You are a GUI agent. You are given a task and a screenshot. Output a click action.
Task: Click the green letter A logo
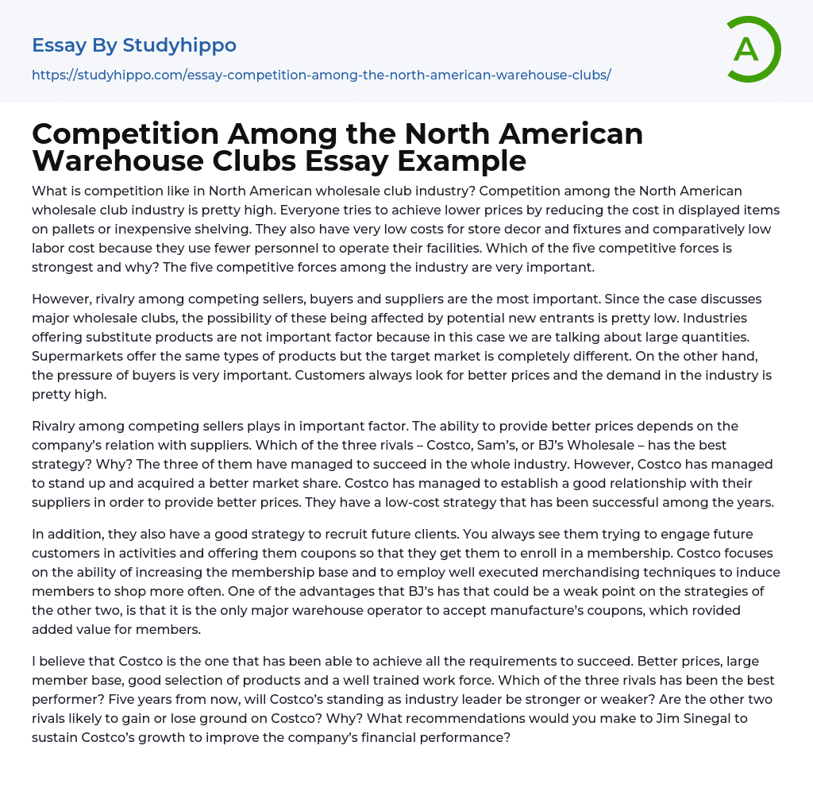(x=753, y=49)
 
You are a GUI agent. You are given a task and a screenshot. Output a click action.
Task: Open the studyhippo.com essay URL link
(x=321, y=75)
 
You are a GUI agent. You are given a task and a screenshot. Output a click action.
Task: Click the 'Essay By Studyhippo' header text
(x=134, y=45)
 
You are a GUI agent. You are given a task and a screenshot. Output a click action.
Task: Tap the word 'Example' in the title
(x=461, y=160)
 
